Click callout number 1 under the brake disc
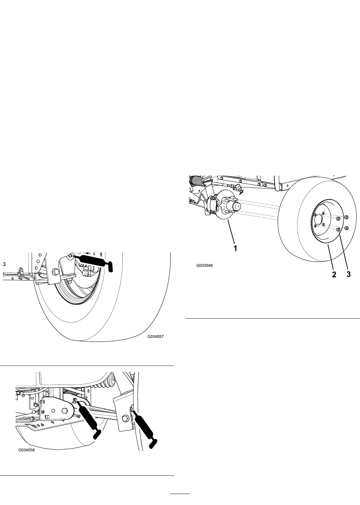(235, 248)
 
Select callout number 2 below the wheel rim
(334, 275)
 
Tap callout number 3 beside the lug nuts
(348, 275)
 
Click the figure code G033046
(204, 266)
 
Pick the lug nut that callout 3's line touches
(338, 229)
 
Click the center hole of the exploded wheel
(318, 219)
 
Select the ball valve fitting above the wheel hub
(237, 187)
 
